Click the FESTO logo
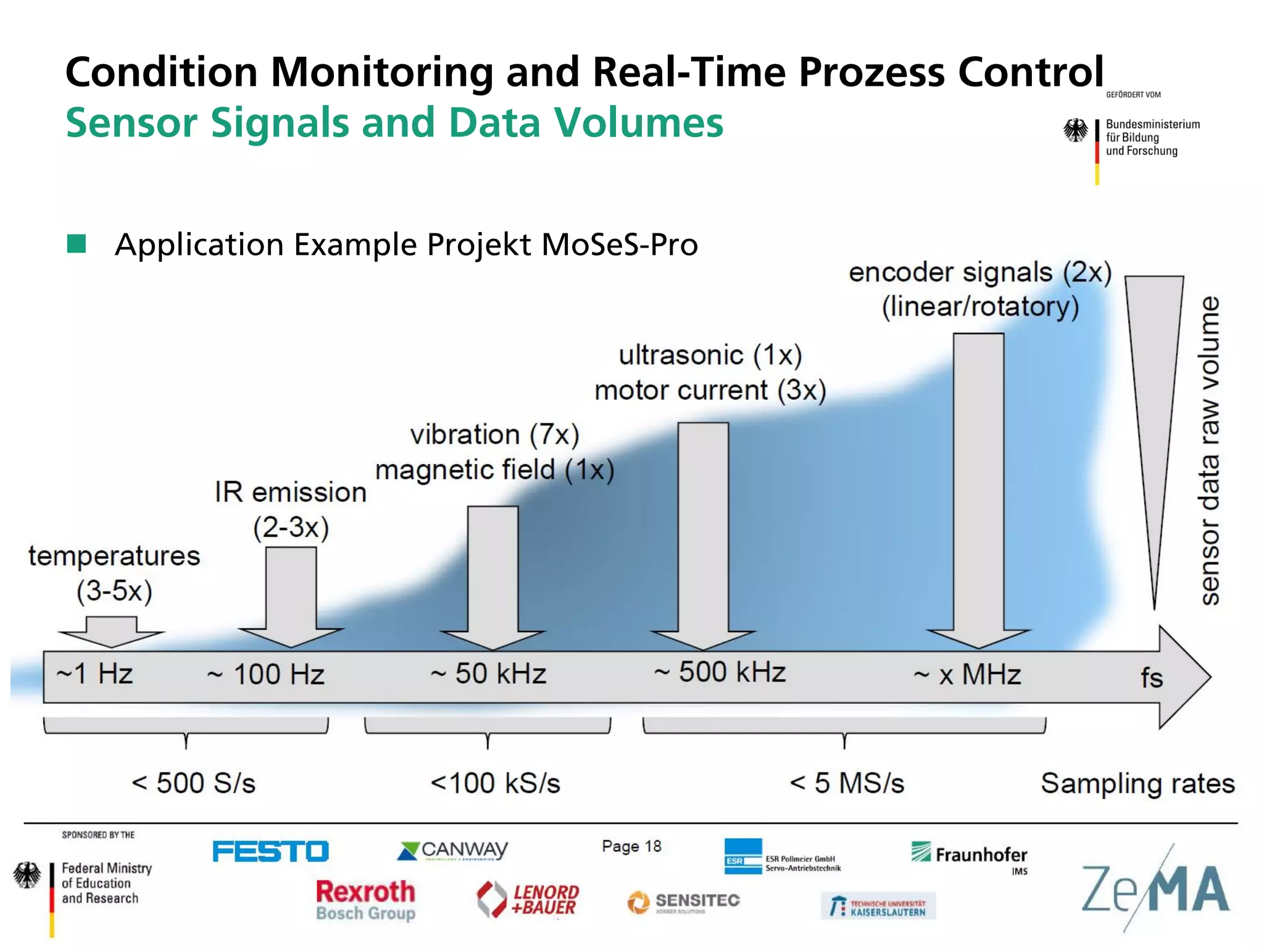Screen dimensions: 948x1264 [270, 851]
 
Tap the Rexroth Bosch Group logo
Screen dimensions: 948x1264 [365, 900]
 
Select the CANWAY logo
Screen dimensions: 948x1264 [452, 850]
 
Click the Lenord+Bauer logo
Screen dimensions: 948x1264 [528, 899]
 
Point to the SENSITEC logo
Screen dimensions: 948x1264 [684, 902]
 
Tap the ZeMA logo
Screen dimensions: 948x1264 [1155, 889]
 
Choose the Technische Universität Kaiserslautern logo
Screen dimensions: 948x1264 [878, 907]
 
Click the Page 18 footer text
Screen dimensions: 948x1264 [631, 846]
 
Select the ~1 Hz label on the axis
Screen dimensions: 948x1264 [94, 673]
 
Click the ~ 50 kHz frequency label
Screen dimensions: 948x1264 [488, 673]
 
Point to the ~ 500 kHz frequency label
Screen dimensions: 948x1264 [720, 672]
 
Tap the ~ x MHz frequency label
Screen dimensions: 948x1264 [967, 675]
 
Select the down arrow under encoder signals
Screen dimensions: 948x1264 [978, 494]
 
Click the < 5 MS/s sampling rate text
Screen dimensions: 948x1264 [847, 783]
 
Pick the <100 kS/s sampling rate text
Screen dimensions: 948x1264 [495, 783]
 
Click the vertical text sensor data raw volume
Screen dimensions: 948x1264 [1209, 451]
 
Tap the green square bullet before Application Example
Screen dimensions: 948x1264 [77, 244]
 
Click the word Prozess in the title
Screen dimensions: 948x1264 [872, 72]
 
